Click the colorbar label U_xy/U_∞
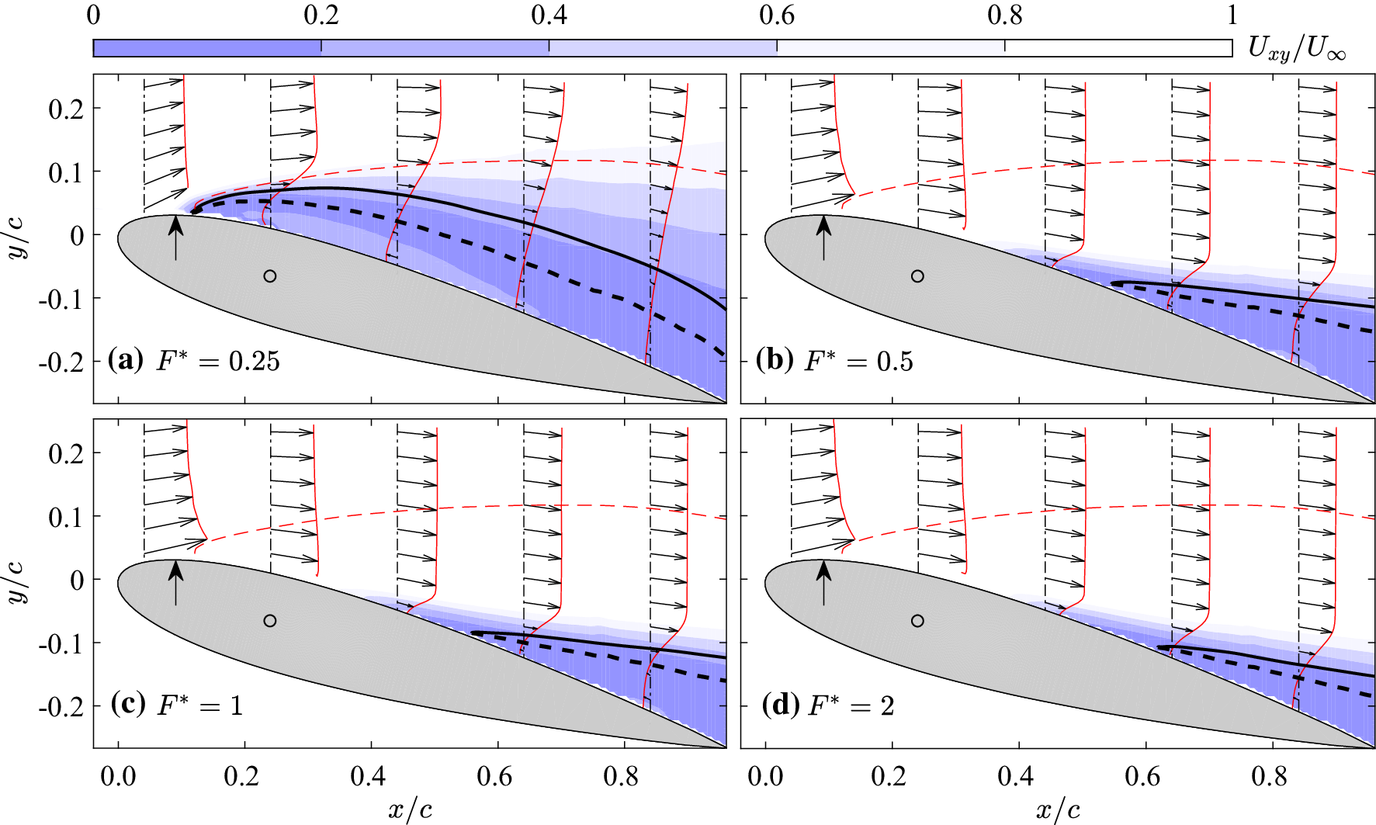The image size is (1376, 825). click(1296, 49)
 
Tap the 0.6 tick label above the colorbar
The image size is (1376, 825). click(777, 16)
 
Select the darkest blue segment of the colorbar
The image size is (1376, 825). click(206, 48)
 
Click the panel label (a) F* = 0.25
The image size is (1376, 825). click(194, 361)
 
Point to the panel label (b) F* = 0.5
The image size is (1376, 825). click(834, 361)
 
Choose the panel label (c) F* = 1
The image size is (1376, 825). click(177, 705)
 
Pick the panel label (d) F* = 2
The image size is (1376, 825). click(828, 705)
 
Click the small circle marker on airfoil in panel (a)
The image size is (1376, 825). click(269, 276)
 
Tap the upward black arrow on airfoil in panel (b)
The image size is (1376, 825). click(824, 237)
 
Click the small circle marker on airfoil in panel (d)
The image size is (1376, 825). click(917, 621)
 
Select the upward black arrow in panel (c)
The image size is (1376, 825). click(176, 581)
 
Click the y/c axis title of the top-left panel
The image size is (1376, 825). click(17, 235)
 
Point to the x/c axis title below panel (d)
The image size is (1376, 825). click(1058, 810)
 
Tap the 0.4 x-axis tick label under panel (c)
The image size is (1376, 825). click(369, 776)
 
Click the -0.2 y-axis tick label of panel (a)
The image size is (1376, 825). click(61, 362)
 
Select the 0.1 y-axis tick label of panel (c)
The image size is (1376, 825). click(66, 516)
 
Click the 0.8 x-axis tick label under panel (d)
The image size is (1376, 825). click(1270, 776)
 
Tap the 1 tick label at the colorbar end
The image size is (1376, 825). click(1232, 16)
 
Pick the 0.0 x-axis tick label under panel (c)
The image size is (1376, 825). click(118, 776)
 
